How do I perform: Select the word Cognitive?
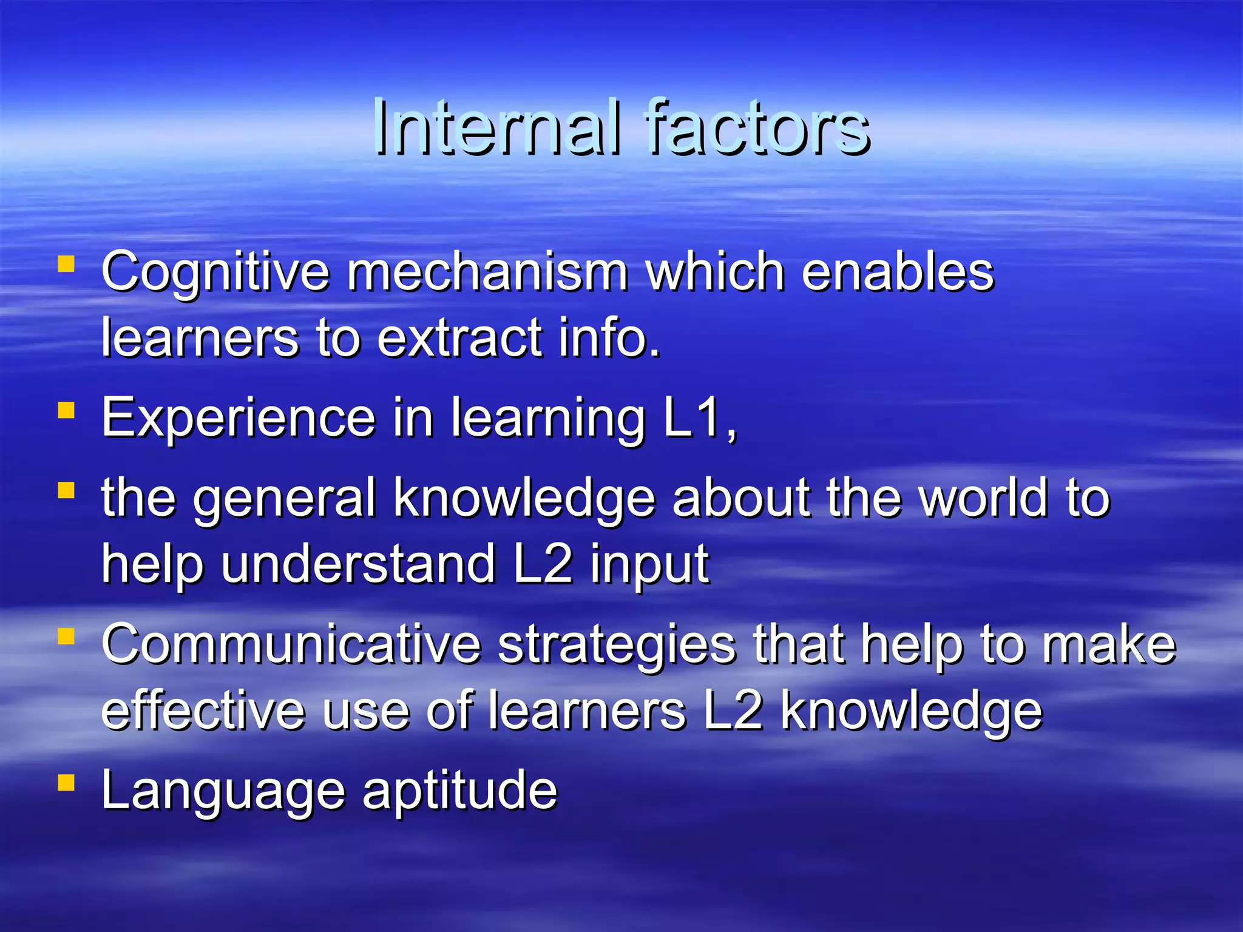[x=215, y=273]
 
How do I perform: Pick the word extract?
[x=459, y=337]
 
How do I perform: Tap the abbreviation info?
[x=609, y=337]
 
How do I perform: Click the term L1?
[x=698, y=417]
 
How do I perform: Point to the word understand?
[x=358, y=564]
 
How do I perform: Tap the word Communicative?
[x=291, y=644]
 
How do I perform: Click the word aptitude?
[x=459, y=791]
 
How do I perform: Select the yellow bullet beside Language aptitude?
[x=66, y=783]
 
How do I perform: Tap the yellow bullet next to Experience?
[x=66, y=411]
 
